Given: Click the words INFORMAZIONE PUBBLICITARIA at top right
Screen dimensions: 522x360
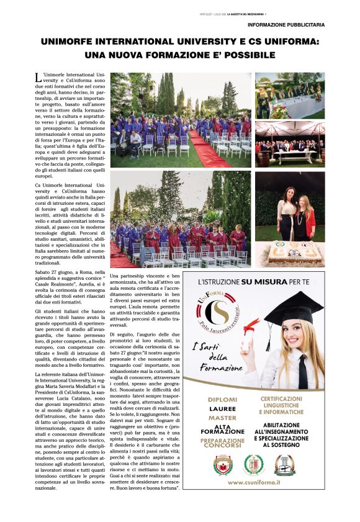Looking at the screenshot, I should [286, 25].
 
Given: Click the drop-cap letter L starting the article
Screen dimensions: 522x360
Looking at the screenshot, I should [39, 77].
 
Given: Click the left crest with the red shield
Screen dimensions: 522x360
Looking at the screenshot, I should [223, 464].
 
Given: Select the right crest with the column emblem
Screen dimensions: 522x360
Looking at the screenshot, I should [284, 464].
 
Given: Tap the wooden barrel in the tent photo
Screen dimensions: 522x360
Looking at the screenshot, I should [263, 156].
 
